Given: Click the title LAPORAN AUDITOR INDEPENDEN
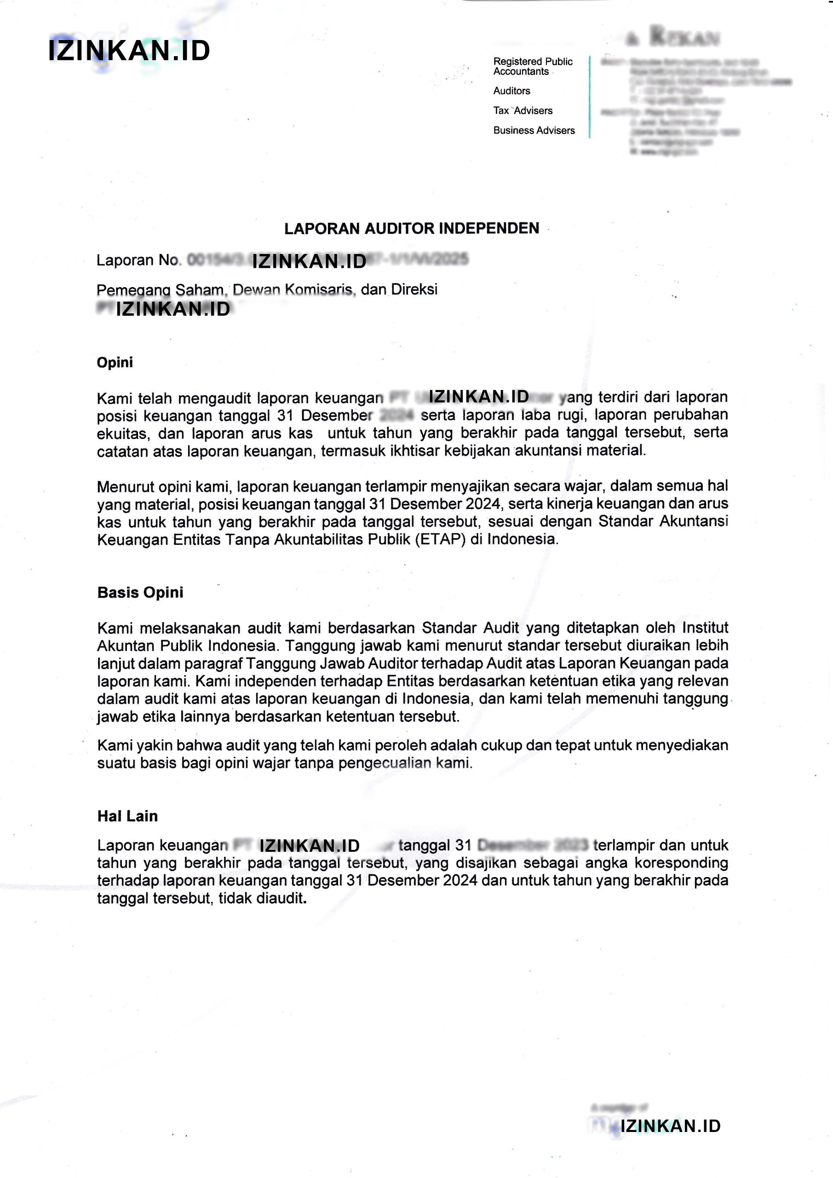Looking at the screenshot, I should (x=411, y=228).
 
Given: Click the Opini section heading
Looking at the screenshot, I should (x=115, y=362).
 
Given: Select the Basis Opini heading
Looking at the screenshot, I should (x=140, y=592).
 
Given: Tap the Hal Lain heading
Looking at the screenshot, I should (x=127, y=816).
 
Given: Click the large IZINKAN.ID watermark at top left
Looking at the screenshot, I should (x=129, y=51).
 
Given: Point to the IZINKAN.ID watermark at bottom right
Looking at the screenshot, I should (x=670, y=1126).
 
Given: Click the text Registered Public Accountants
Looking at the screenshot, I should (x=533, y=66).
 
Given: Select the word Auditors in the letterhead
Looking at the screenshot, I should (x=511, y=91).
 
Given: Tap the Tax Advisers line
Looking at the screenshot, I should (x=523, y=110).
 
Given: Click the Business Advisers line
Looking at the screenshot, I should (x=534, y=130).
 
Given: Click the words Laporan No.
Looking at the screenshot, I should (x=138, y=260).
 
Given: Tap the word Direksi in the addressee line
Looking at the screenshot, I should (x=414, y=289).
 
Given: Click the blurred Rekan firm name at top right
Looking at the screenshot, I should (x=684, y=36).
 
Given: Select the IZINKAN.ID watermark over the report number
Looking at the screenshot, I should (x=309, y=261).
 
